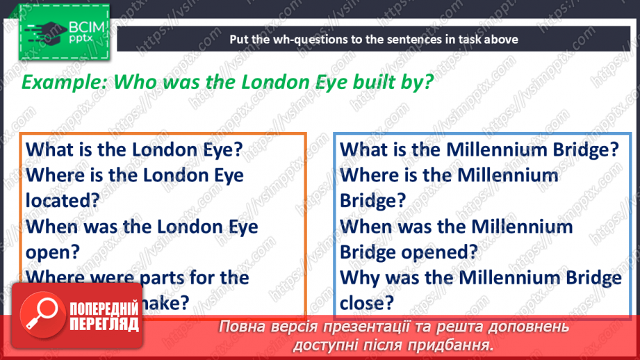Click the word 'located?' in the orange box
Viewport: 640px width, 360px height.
63,201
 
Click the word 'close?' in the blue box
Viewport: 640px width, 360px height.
367,303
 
